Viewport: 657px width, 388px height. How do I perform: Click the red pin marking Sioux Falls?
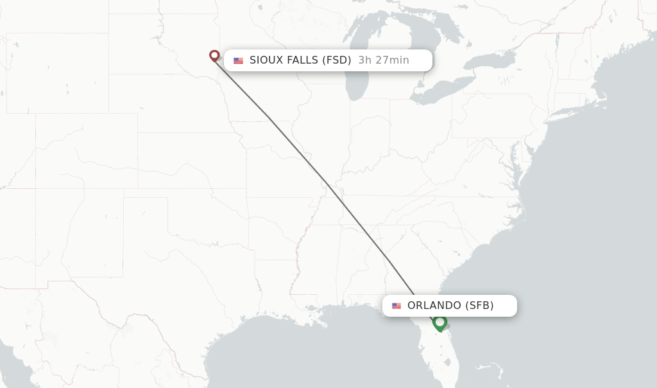pyautogui.click(x=214, y=56)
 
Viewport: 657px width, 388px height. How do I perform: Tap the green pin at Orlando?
pyautogui.click(x=439, y=322)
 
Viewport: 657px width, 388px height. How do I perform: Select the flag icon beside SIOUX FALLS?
pyautogui.click(x=239, y=61)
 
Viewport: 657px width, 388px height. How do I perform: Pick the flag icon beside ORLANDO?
pyautogui.click(x=397, y=306)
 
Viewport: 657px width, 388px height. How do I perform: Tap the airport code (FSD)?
pyautogui.click(x=337, y=60)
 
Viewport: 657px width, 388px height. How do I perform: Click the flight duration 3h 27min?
pyautogui.click(x=384, y=60)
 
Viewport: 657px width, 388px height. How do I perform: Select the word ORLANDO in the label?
pyautogui.click(x=434, y=306)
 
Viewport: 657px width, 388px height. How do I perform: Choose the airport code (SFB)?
pyautogui.click(x=479, y=306)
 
